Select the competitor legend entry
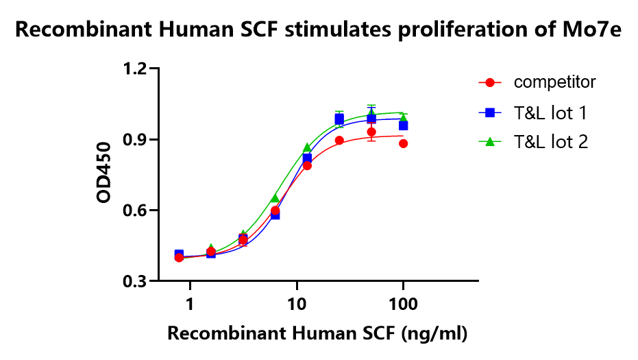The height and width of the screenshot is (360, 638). (x=554, y=82)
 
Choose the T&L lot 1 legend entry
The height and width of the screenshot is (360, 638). (x=549, y=112)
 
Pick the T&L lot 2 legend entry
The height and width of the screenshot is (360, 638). (x=549, y=141)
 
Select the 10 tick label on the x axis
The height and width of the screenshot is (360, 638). (x=296, y=303)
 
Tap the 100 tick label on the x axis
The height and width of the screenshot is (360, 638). (x=403, y=303)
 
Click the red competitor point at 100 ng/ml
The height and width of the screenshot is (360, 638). (x=404, y=143)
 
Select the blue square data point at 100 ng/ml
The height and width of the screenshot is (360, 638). (x=404, y=125)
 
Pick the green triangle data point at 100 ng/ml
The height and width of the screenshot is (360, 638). (x=404, y=117)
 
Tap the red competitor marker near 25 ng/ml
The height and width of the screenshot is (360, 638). (x=339, y=141)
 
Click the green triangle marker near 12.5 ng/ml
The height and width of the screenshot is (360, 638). (x=307, y=147)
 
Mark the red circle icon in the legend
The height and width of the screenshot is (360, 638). (x=490, y=82)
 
